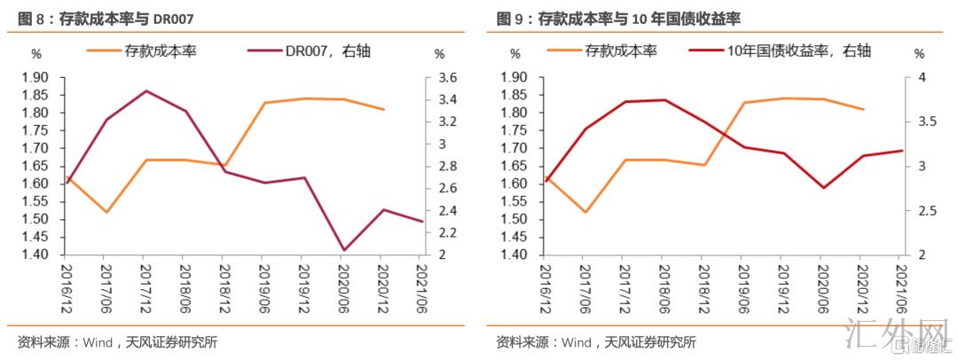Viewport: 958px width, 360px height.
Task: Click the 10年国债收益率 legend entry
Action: click(793, 51)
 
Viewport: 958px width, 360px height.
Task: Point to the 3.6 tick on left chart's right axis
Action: click(446, 77)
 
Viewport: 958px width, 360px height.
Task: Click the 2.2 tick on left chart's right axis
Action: click(446, 232)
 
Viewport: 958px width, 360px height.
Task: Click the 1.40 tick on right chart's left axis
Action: click(514, 255)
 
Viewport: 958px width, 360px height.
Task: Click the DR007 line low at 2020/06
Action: click(342, 250)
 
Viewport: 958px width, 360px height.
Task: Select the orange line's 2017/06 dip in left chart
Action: click(106, 212)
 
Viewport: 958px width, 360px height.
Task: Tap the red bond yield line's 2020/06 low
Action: click(822, 188)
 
